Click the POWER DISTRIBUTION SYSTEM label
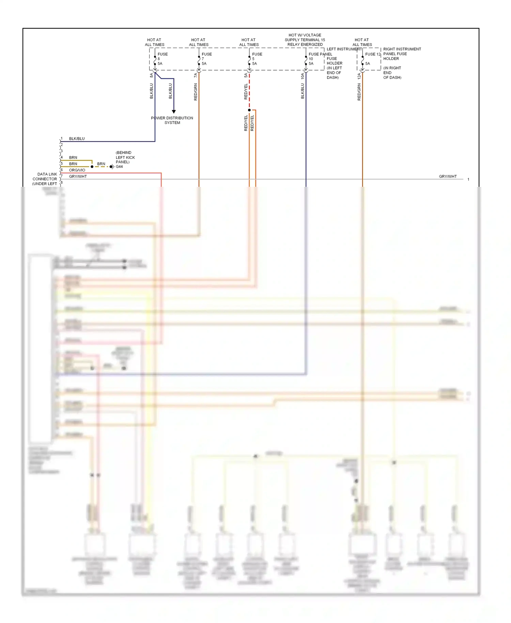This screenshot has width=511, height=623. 172,120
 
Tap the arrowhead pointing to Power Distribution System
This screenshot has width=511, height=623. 174,111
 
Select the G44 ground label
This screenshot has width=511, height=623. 119,167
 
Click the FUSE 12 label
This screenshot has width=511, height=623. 373,54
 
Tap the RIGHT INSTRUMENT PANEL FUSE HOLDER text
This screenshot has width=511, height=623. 402,54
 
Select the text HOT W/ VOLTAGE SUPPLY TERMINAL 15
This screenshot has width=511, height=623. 305,37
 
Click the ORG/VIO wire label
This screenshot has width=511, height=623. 77,170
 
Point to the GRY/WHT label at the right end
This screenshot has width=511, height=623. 448,177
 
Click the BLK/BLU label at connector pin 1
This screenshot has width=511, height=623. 77,139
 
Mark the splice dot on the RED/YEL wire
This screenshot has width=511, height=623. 249,110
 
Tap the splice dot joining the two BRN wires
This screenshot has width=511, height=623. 92,167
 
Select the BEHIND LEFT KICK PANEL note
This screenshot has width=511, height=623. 125,157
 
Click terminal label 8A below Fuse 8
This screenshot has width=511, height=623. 152,75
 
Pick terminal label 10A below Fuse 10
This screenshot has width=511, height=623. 303,76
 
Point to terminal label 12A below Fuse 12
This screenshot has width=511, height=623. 359,76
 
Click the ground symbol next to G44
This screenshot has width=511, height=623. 112,167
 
